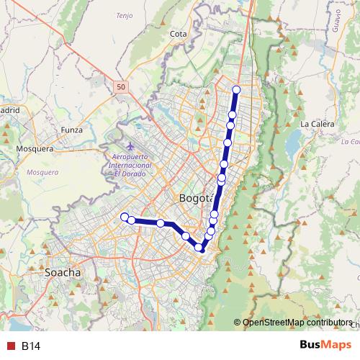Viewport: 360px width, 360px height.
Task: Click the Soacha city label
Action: pos(63,274)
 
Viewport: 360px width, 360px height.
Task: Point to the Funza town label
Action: pos(73,130)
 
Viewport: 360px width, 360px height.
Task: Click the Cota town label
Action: pos(178,33)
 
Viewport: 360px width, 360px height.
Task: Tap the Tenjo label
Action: pos(125,15)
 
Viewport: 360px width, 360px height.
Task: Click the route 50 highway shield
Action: pos(120,86)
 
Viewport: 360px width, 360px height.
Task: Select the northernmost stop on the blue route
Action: pos(236,89)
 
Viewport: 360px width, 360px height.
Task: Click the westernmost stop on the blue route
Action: pos(124,217)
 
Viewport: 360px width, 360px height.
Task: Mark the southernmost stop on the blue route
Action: pos(199,248)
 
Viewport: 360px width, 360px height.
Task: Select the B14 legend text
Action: pos(31,346)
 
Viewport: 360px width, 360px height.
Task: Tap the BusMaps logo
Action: pos(325,346)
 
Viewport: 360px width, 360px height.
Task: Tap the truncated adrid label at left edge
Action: pos(9,110)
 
